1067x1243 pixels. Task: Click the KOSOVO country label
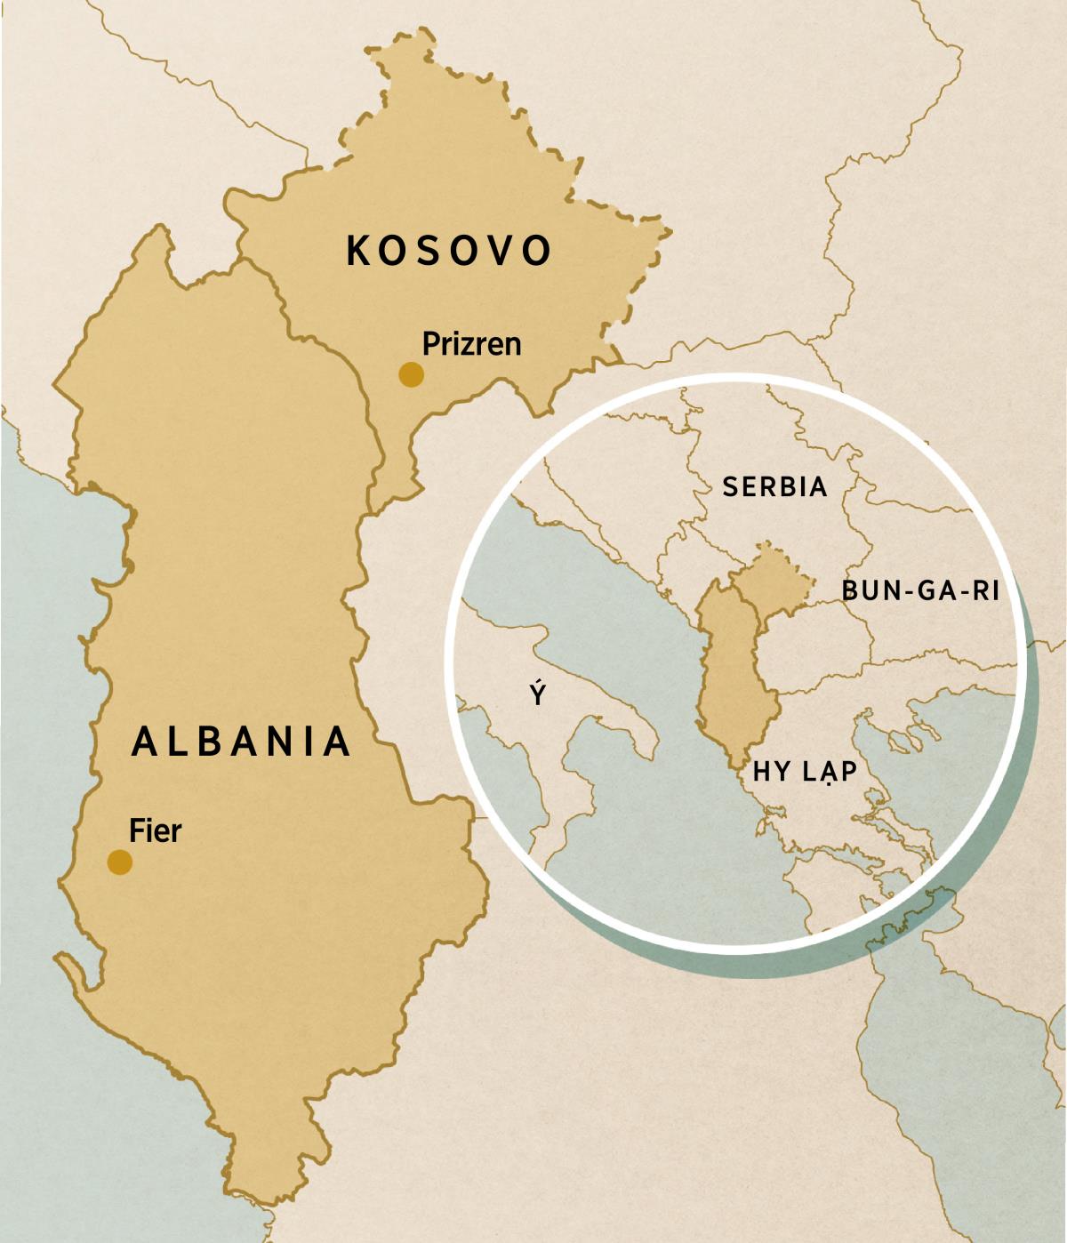coord(449,251)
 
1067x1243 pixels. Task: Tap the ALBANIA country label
coord(241,742)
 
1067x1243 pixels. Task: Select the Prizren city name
coord(471,344)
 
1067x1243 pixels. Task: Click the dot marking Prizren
coord(411,374)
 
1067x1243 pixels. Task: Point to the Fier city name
coord(155,830)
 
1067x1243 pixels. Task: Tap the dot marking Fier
coord(120,862)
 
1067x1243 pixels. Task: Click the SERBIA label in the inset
coord(774,487)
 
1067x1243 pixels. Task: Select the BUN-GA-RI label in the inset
coord(920,590)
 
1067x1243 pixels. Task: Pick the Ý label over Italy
coord(537,694)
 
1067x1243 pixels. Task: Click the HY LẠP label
coord(805,771)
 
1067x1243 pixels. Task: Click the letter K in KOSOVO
coord(357,251)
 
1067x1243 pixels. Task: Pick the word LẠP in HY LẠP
coord(830,771)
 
